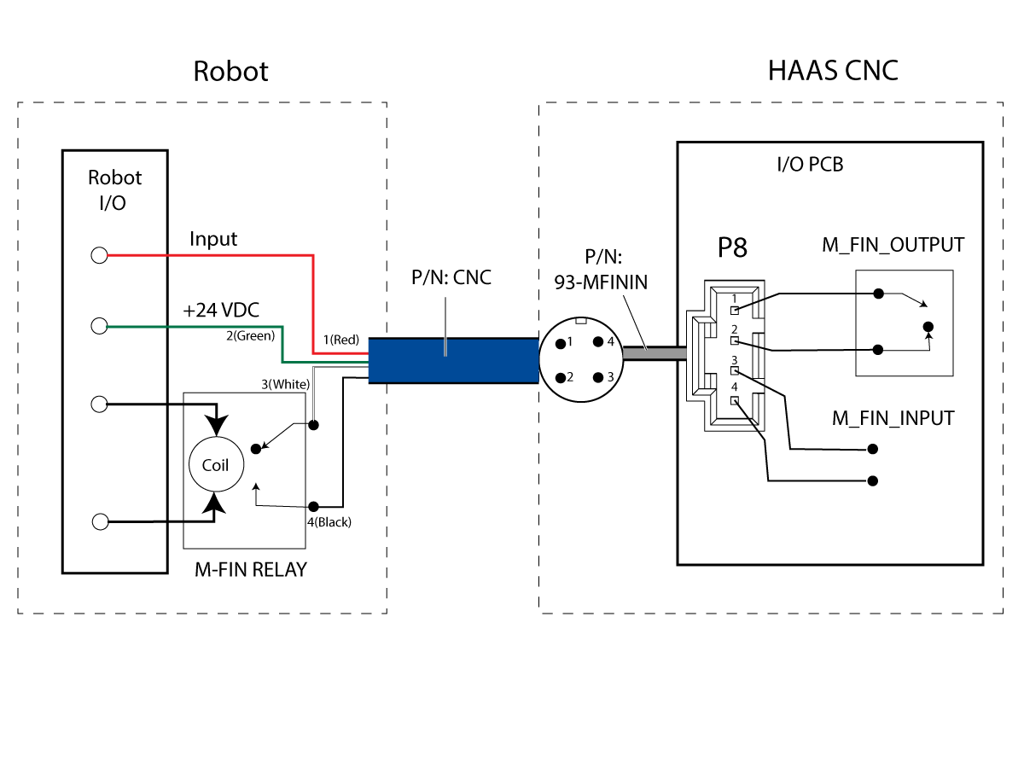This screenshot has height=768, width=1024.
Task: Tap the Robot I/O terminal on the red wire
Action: [x=99, y=255]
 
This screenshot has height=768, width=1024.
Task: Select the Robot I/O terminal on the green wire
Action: [x=99, y=325]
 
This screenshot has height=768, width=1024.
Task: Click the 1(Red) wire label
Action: [x=341, y=340]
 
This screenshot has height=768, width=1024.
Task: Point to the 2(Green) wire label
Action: [x=251, y=335]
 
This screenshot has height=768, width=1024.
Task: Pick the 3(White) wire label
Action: [x=286, y=384]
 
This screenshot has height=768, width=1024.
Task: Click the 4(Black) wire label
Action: [x=329, y=521]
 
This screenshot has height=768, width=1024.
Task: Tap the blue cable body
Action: [x=453, y=360]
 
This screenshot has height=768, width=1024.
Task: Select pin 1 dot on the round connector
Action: [x=561, y=344]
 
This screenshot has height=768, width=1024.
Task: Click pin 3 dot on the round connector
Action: [x=597, y=377]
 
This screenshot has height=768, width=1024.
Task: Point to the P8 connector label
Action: [x=732, y=247]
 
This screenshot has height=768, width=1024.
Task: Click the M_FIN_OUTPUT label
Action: [x=893, y=245]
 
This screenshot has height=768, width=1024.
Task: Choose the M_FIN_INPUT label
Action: [x=893, y=418]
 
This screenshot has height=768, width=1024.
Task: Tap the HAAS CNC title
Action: [x=833, y=71]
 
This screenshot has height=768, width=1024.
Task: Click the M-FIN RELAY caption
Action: [x=251, y=569]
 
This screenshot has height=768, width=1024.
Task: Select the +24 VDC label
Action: [x=221, y=310]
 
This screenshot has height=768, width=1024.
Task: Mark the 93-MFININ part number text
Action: [x=601, y=282]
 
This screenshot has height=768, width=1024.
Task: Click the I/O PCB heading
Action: [x=811, y=164]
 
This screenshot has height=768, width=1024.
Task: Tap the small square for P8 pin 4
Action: [x=735, y=400]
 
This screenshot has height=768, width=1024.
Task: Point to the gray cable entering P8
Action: [x=655, y=353]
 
